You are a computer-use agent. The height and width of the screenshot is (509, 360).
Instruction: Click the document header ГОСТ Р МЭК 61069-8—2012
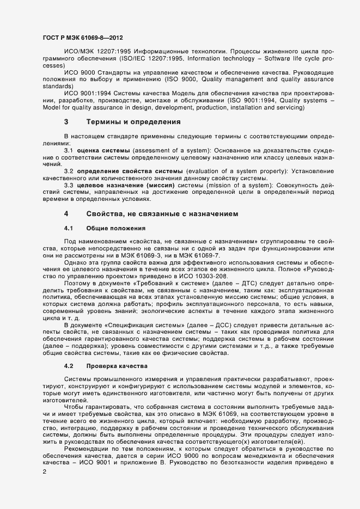point(82,38)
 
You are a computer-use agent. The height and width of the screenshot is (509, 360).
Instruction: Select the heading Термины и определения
point(126,137)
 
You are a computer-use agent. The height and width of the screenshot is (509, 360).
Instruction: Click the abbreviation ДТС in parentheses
point(226,284)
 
